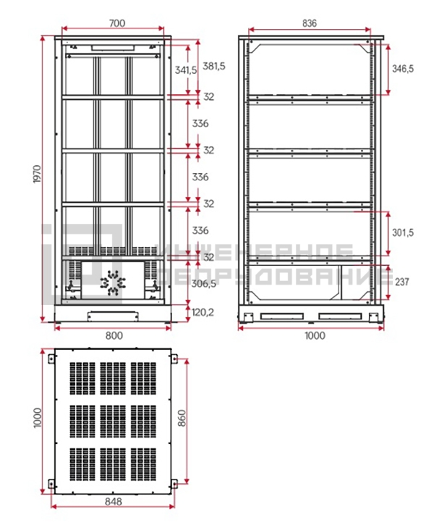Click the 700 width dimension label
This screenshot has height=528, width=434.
(117, 23)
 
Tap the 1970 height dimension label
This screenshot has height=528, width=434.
(37, 174)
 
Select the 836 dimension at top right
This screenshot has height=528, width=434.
(310, 23)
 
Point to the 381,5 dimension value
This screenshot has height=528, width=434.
(214, 67)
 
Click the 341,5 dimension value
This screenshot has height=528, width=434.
(186, 70)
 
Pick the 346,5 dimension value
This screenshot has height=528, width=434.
(403, 69)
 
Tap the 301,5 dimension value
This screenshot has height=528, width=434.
(403, 232)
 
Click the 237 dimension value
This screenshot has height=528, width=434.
(402, 282)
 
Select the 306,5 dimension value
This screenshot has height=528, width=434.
(204, 284)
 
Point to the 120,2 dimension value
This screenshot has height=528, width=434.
(203, 313)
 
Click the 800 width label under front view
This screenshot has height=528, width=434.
(114, 336)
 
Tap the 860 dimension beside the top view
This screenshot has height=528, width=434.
(182, 418)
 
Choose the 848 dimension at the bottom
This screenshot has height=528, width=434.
(114, 502)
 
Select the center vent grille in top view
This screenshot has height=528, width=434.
(113, 422)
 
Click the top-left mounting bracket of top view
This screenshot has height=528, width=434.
(51, 359)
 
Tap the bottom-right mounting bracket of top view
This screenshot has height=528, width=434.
(174, 484)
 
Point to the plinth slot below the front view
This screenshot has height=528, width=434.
(113, 317)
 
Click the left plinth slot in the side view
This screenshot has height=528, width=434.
(281, 317)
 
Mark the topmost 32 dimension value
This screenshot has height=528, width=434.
(208, 97)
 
